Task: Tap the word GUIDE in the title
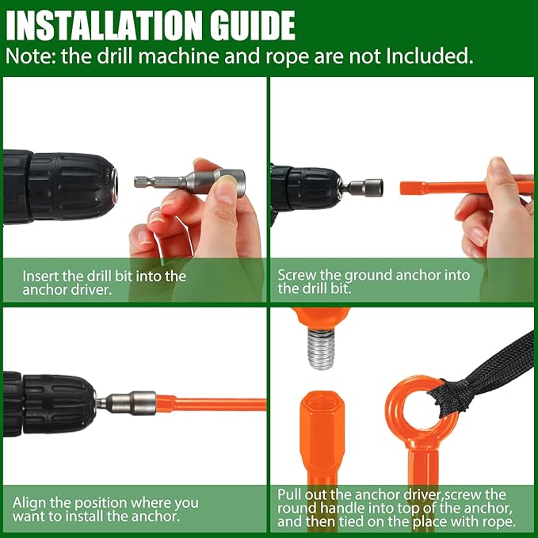pos(253,25)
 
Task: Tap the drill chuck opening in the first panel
pos(114,185)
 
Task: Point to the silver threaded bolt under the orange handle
pos(321,348)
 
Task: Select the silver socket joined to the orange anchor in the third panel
pos(131,403)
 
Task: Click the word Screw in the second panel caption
pos(297,275)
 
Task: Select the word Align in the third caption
pos(29,503)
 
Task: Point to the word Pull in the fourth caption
pos(289,494)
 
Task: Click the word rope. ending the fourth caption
pos(500,522)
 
